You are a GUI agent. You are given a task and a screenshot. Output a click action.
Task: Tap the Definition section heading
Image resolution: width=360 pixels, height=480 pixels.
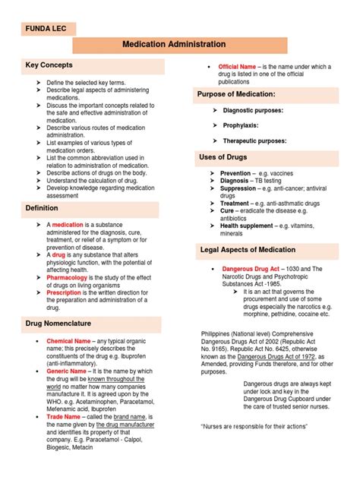point(42,207)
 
